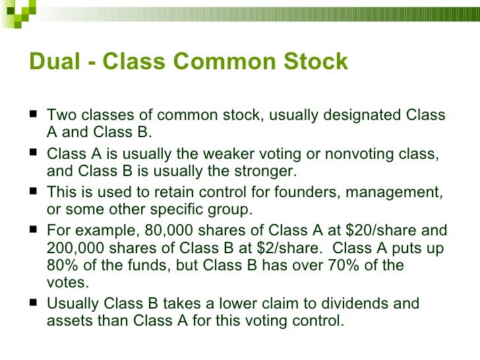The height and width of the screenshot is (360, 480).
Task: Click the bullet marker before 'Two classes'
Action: tap(33, 116)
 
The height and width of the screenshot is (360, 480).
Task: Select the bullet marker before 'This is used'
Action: tap(33, 193)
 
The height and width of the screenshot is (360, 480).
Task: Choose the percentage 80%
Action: tap(63, 267)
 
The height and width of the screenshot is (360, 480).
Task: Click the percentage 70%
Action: tap(353, 267)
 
